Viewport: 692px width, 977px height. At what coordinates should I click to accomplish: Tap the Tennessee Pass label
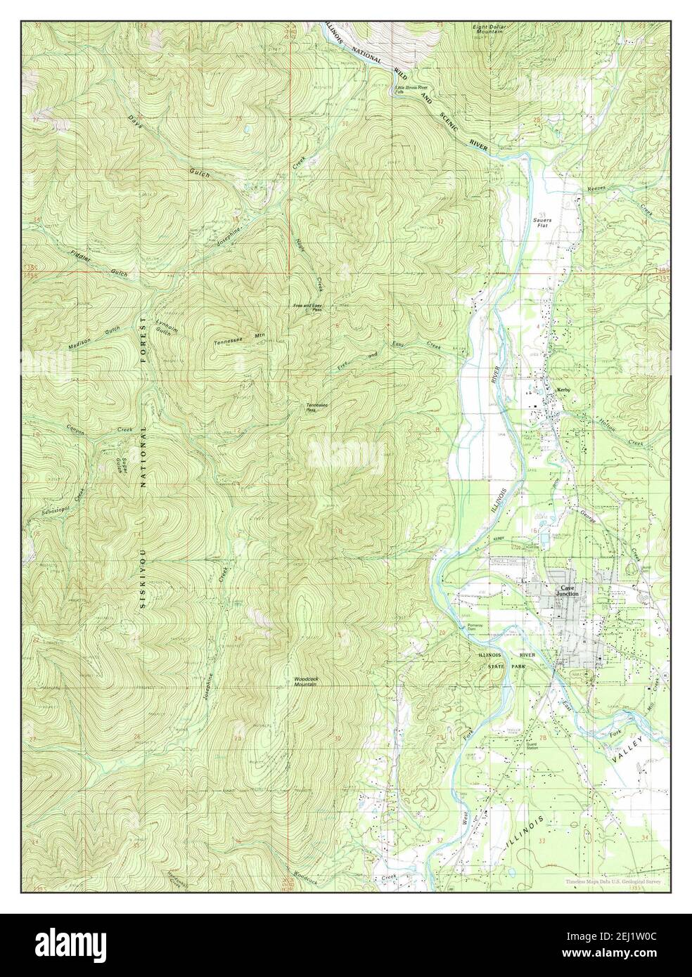[x=314, y=407]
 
